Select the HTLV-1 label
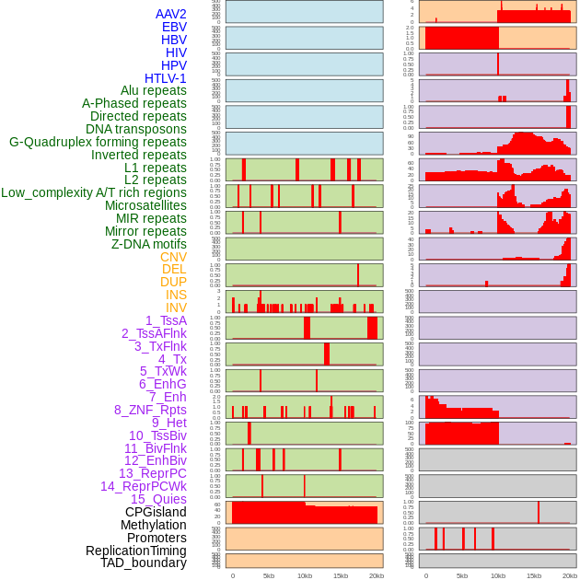165,78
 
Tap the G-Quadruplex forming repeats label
98,142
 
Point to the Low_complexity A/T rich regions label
94,192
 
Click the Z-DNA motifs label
149,244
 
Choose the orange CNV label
173,257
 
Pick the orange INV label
176,307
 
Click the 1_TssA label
166,320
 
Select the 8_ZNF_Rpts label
150,410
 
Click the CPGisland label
156,512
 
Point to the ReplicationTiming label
135,551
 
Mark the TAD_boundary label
143,563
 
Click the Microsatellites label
145,205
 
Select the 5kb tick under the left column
269,575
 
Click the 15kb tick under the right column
534,575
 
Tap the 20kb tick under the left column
376,575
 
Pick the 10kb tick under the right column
498,575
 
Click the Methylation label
147,525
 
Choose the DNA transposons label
136,129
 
